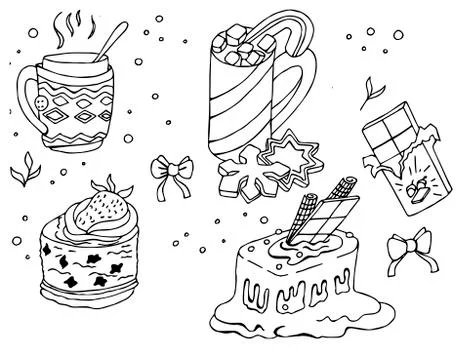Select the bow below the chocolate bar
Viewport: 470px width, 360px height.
407,246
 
